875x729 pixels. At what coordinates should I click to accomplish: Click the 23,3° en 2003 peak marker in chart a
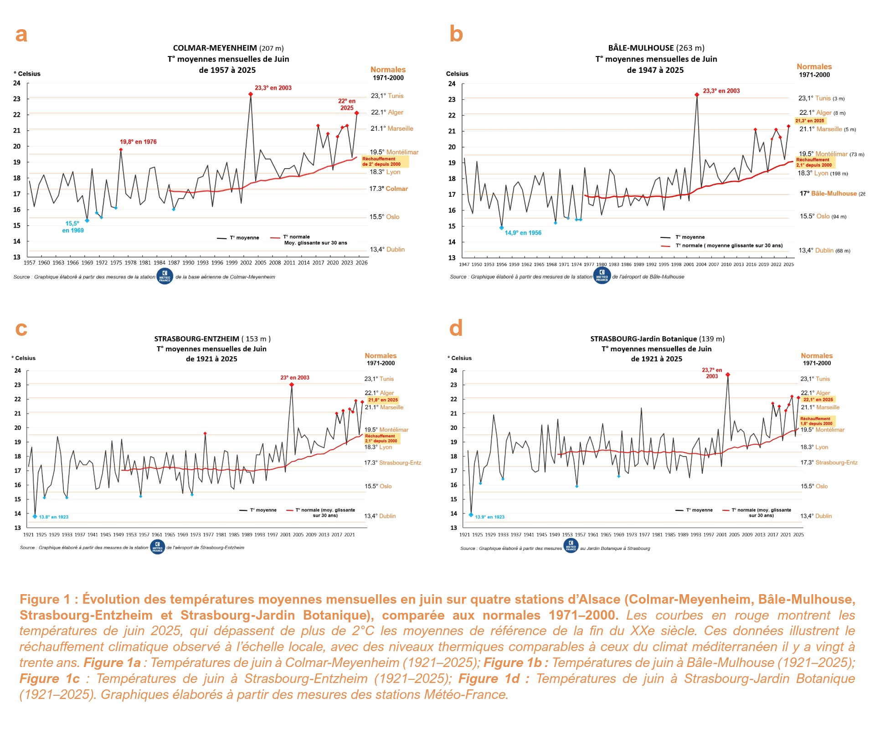pos(251,94)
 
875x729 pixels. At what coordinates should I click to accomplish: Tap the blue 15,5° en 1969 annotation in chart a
pos(73,227)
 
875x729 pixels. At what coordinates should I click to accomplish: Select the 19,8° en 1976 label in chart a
pos(138,142)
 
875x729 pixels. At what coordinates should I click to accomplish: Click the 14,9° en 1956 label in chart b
pos(523,233)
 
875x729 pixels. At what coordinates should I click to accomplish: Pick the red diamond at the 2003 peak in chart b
pos(697,95)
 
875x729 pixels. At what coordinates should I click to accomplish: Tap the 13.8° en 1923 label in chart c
pos(53,517)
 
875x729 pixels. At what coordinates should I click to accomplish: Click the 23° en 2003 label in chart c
pos(294,378)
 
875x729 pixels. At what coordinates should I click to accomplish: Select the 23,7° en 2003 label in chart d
pos(712,373)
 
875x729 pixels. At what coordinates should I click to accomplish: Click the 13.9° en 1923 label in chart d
pos(489,517)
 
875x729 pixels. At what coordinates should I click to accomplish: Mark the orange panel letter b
pos(456,34)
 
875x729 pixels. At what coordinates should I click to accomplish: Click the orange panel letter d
pos(456,328)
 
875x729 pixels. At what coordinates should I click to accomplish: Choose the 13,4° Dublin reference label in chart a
pos(387,249)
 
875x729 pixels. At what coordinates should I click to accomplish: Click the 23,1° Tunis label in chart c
pos(379,379)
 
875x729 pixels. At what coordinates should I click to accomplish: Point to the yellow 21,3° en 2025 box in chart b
pos(810,121)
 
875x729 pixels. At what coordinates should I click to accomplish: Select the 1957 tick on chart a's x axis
pos(30,262)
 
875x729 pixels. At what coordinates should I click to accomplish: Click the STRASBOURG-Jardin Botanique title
pos(657,339)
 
